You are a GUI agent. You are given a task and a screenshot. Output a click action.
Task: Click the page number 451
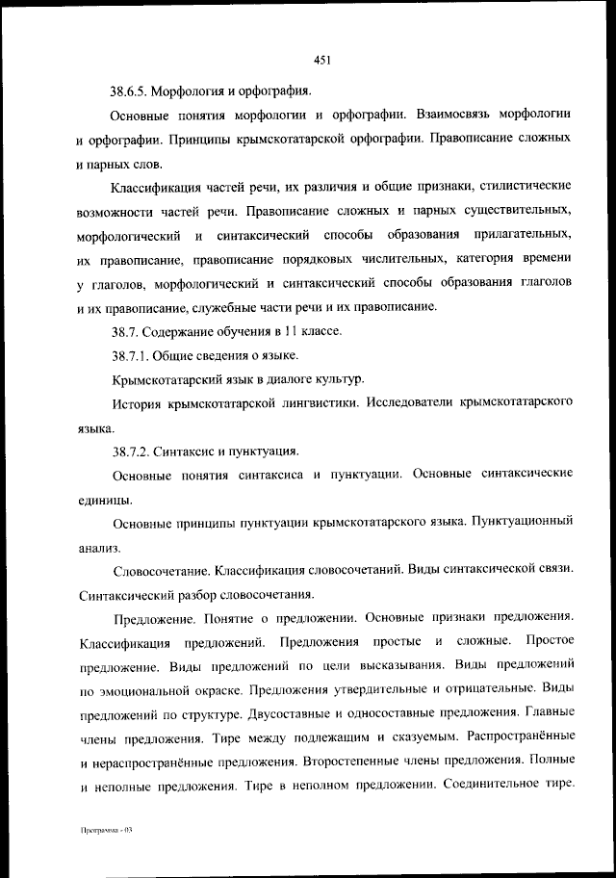322,61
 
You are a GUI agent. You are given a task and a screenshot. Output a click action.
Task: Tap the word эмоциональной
135,689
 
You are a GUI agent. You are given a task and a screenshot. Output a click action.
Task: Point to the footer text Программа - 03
105,830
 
